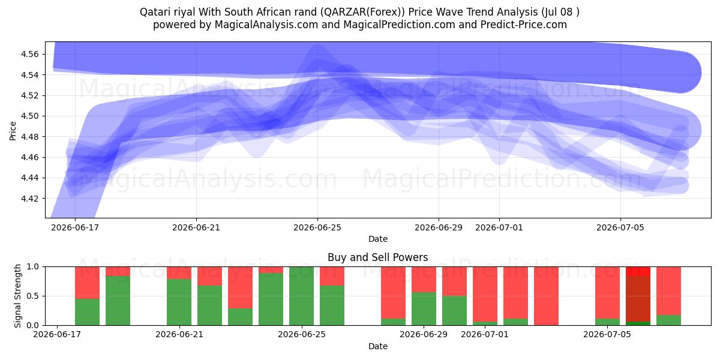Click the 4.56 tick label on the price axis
[29, 55]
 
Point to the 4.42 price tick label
[29, 199]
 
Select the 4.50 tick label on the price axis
[29, 116]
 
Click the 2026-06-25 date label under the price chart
[317, 227]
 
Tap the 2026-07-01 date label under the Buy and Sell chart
[485, 335]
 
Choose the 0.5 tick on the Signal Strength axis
[33, 296]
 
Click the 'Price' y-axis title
[13, 131]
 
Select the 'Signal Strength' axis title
[17, 296]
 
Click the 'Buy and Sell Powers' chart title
[377, 257]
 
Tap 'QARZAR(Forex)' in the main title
[362, 12]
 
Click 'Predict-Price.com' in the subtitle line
[524, 25]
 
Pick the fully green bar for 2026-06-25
[301, 296]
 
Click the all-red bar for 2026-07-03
[546, 296]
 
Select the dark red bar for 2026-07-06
[638, 299]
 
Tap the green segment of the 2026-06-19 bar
[118, 301]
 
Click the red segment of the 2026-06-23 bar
[240, 287]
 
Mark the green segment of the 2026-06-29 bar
[424, 308]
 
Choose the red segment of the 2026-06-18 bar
[87, 283]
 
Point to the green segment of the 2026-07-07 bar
[668, 320]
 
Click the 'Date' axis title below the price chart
[377, 239]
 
